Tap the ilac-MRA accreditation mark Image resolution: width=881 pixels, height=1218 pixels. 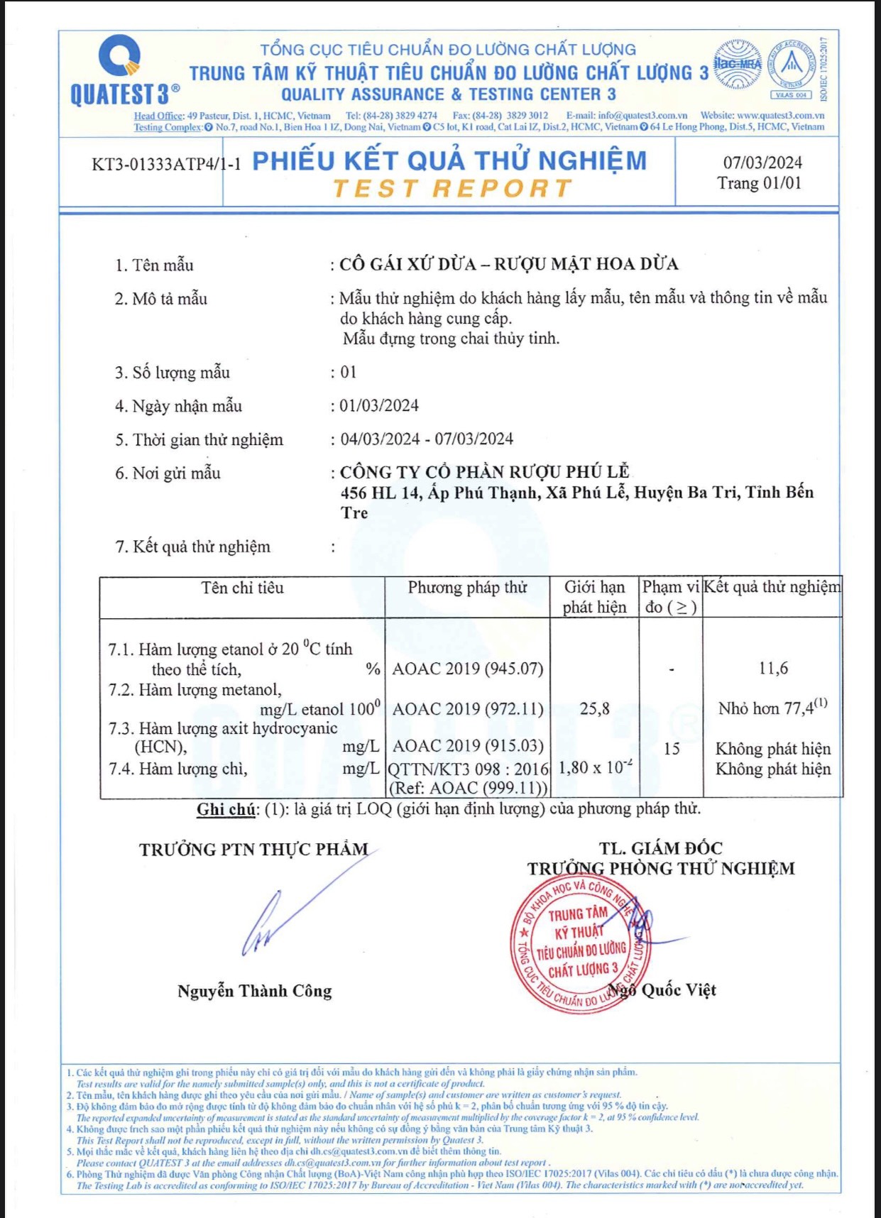tap(738, 65)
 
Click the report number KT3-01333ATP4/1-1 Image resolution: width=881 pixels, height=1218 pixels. tap(166, 165)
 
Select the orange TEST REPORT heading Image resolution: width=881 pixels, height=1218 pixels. tap(452, 189)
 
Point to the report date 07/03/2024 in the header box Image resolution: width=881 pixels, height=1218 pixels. tap(762, 163)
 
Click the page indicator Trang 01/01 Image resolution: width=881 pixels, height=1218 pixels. tap(759, 183)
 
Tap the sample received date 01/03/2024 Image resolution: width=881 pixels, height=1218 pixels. tap(379, 406)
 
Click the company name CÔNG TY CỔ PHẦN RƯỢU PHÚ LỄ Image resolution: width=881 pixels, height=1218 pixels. tap(485, 472)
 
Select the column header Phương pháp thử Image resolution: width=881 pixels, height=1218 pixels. tap(467, 588)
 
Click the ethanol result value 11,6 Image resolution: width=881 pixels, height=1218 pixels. tap(772, 669)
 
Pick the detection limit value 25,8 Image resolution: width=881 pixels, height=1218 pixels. tap(594, 708)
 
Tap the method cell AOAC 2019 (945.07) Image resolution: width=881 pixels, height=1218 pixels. tap(468, 669)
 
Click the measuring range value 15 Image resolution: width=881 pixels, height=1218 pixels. tap(671, 749)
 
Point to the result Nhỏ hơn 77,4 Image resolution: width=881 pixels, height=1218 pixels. tap(772, 708)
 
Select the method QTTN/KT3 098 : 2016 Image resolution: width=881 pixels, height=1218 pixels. tap(469, 769)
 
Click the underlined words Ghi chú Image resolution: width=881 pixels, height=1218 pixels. tap(226, 809)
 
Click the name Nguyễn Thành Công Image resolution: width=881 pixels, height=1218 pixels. tap(254, 991)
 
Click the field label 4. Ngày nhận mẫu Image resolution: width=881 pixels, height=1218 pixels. tap(179, 406)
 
